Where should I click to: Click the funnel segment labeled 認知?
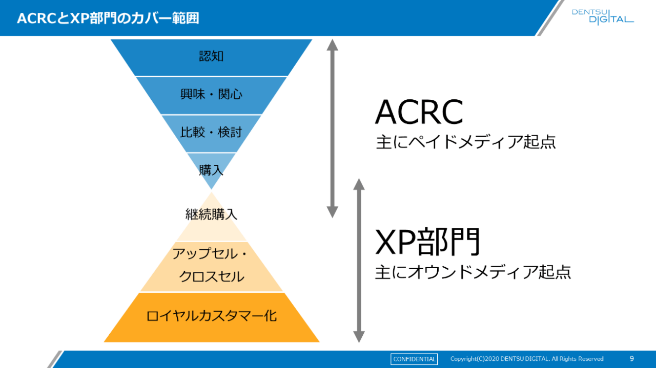tap(211, 57)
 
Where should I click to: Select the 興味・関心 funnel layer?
tap(211, 95)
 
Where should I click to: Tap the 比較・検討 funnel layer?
tap(211, 133)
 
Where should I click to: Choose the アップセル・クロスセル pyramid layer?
tap(211, 266)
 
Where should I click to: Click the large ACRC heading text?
tap(419, 113)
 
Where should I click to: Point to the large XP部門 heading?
tap(428, 242)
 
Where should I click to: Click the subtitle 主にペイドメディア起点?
tap(465, 142)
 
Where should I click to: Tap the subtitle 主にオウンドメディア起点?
tap(473, 272)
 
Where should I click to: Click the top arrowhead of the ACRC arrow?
tap(333, 45)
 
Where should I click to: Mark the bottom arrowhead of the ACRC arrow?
tap(333, 211)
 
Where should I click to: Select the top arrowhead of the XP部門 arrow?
tap(359, 184)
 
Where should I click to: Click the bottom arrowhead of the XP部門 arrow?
tap(359, 336)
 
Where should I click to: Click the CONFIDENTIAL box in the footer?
tap(414, 359)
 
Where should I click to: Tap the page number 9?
tap(631, 359)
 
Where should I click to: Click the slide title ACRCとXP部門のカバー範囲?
tap(108, 18)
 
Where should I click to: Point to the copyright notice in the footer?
tap(526, 359)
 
